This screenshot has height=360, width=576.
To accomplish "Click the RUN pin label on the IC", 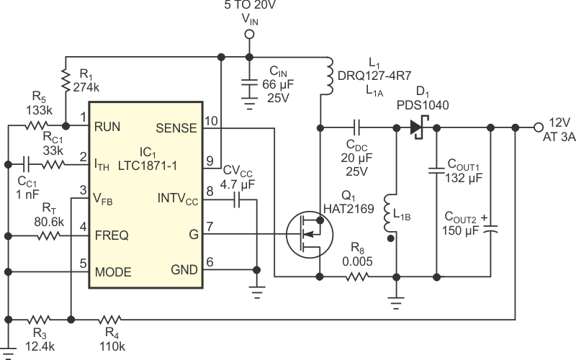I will point(107,128).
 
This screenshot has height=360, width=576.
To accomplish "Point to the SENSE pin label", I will point(176,128).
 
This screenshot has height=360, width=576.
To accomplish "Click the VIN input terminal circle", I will point(249,34).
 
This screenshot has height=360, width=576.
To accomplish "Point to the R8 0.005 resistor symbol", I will point(358,276).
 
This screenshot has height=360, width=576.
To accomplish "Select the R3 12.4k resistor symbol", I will point(38,318).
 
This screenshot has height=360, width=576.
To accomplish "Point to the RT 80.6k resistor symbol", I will point(50,235).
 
